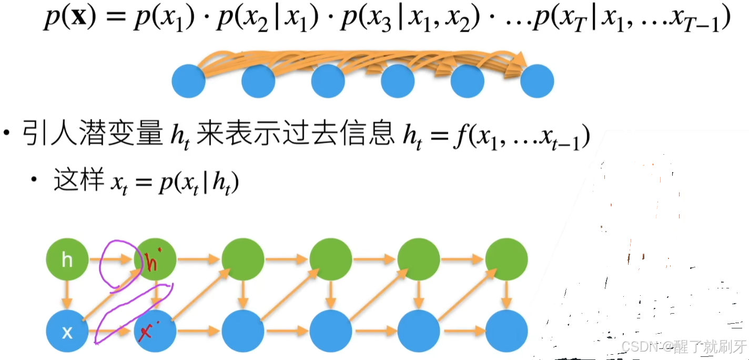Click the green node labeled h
[67, 259]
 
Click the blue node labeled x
[67, 332]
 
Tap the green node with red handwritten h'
[155, 259]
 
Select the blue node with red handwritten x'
[155, 332]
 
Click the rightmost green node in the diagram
[506, 259]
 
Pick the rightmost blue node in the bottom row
[506, 332]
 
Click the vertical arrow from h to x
[67, 296]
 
